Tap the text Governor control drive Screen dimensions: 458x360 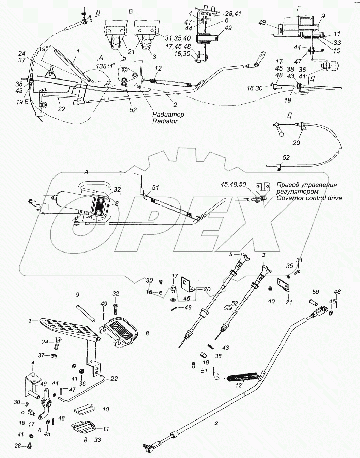coord(309,198)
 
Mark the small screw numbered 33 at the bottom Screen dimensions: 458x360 coord(85,440)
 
